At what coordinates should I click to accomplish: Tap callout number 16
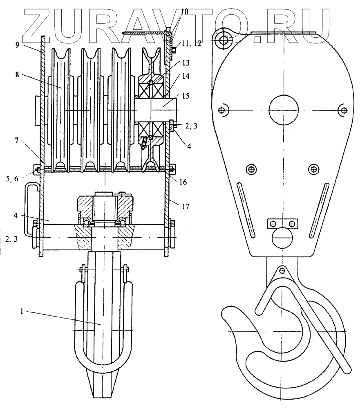click(183, 180)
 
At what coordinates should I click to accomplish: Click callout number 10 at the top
click(184, 11)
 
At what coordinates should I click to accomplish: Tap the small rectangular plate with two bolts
click(282, 224)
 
